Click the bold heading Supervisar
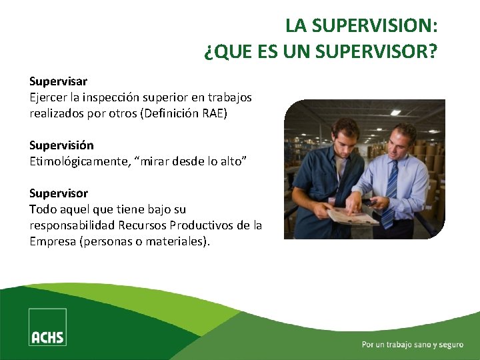[x=58, y=81]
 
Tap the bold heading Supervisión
[x=61, y=145]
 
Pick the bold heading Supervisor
[x=59, y=193]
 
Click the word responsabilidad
[x=73, y=225]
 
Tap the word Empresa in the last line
[x=53, y=241]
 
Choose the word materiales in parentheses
[x=175, y=241]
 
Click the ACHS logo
[x=47, y=327]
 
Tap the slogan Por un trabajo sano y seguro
[x=412, y=345]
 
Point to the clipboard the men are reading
[x=354, y=215]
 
